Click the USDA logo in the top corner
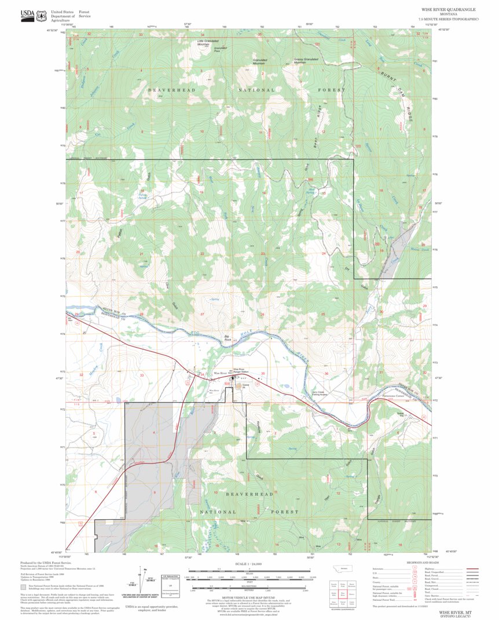pos(27,15)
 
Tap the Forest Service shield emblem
pos(42,16)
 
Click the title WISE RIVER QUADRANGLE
pos(449,10)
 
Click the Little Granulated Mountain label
pos(209,42)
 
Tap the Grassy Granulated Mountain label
pos(307,60)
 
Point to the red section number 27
pos(202,314)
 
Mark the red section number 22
pos(202,254)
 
